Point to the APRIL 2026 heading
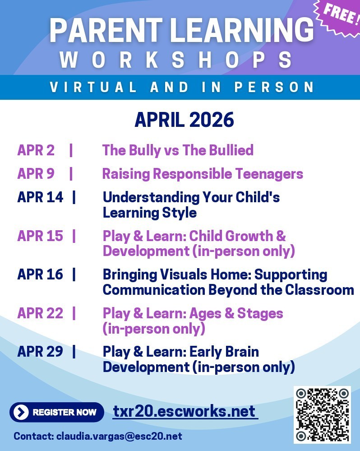(x=184, y=120)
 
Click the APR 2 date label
(x=36, y=150)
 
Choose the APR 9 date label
(x=36, y=174)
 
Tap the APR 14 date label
(x=40, y=197)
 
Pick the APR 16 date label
(x=40, y=274)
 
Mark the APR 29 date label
(x=40, y=352)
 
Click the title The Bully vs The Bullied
(x=178, y=150)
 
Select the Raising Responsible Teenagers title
(x=203, y=174)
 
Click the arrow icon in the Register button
(x=21, y=412)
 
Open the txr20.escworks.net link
(x=185, y=412)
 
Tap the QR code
(x=322, y=414)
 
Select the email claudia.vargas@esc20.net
(x=119, y=437)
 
